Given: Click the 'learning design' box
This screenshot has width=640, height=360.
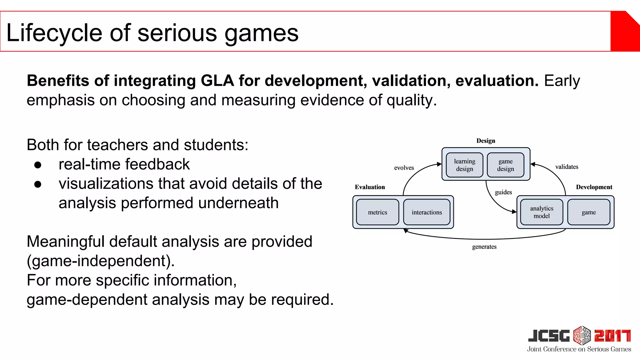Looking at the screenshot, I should (464, 165).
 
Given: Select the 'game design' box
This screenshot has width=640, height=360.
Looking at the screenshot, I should (505, 165).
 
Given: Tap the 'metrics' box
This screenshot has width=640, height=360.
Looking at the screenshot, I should (377, 212).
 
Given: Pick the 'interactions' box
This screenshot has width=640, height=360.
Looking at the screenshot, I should (427, 212).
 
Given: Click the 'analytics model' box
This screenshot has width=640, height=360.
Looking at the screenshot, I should (542, 212).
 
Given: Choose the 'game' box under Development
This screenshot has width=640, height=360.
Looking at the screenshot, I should (589, 212).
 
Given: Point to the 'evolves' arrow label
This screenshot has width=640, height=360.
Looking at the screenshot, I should (404, 168).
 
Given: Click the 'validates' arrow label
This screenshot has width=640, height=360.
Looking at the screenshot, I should (567, 167).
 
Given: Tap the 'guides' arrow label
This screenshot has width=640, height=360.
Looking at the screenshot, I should (503, 192).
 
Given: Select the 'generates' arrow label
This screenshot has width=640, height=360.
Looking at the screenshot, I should (484, 247).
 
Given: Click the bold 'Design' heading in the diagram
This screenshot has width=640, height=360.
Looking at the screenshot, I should (486, 141).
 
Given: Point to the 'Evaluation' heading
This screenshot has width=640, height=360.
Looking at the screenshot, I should (370, 187).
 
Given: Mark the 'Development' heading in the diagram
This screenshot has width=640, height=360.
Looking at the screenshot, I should (594, 187).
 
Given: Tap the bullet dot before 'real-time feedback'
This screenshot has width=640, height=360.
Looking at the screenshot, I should (38, 165).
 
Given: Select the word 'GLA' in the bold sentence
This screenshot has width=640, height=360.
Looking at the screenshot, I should (217, 81).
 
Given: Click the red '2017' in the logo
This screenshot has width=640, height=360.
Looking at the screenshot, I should (612, 336).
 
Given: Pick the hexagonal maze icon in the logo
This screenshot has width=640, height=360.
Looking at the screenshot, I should (582, 335).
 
